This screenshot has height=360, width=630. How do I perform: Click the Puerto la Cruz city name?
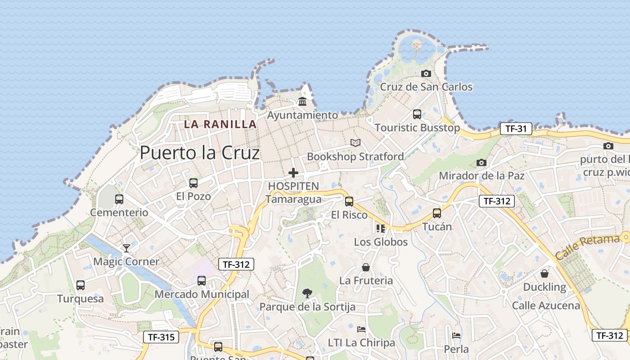tap(200, 153)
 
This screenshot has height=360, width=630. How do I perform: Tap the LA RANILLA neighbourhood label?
tap(220, 124)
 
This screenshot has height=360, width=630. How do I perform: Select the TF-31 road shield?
tap(516, 129)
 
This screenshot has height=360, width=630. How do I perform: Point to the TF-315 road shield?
tap(161, 337)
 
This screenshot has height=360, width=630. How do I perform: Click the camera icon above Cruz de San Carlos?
tap(426, 73)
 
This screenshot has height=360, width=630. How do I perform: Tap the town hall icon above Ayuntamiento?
tap(302, 102)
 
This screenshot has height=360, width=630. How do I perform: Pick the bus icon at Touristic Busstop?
tap(417, 114)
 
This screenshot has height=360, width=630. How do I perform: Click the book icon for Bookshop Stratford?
tap(355, 143)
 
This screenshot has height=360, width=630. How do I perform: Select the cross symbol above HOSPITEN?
tap(293, 173)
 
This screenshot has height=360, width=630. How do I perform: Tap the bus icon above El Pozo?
tap(193, 183)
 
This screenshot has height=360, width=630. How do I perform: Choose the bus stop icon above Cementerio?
tap(119, 199)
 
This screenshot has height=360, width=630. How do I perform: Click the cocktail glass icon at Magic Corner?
tap(126, 248)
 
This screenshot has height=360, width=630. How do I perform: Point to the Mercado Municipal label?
tap(202, 294)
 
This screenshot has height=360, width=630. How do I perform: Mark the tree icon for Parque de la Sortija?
tap(307, 293)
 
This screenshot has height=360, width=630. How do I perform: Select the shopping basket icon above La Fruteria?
tap(366, 267)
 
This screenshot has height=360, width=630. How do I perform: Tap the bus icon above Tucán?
tap(437, 213)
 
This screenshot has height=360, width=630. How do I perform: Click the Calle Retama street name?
tap(587, 247)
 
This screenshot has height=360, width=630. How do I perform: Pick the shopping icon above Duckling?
tap(544, 274)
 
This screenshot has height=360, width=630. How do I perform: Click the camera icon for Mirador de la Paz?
tap(481, 162)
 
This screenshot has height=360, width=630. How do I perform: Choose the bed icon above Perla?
tap(456, 336)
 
